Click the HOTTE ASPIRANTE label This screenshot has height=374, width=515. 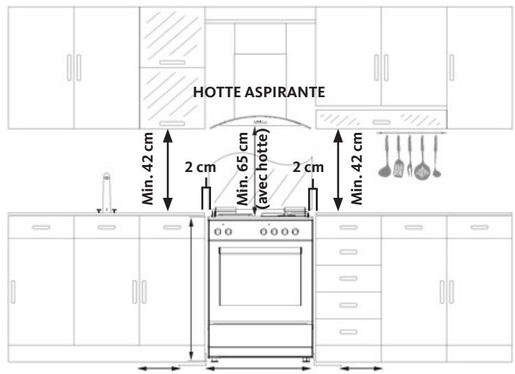[259, 92]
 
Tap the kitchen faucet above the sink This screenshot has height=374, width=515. [106, 193]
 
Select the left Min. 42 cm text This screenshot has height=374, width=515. [148, 168]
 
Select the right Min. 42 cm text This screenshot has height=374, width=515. [356, 168]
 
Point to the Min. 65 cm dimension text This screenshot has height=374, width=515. [242, 168]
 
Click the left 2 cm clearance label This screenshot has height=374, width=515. [200, 167]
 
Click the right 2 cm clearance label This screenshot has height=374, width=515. [308, 167]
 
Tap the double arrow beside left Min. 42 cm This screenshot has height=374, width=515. [168, 171]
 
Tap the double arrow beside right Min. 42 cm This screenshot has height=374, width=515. [338, 171]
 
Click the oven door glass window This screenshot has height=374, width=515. [261, 276]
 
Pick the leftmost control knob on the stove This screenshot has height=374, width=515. [217, 231]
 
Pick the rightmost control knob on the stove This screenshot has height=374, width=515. [296, 231]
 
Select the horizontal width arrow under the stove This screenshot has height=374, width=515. [259, 368]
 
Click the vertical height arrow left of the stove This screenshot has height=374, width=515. [191, 289]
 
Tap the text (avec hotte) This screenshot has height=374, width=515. [263, 168]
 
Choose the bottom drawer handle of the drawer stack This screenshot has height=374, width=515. [348, 332]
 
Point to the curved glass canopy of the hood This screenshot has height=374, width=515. [261, 122]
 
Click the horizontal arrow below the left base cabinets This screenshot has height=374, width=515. [159, 368]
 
